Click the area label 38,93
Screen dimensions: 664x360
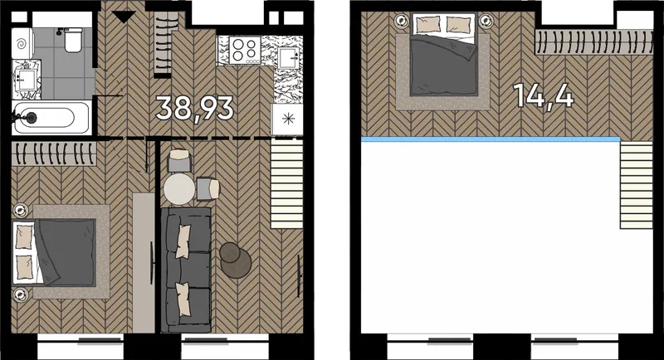click(194, 109)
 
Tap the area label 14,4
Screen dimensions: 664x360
click(544, 95)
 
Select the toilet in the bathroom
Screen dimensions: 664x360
click(73, 40)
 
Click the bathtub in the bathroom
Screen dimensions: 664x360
click(51, 118)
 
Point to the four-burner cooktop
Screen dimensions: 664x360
click(245, 50)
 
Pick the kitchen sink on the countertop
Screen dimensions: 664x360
click(289, 58)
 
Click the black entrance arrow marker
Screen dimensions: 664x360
click(124, 17)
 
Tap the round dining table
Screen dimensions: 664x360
click(179, 189)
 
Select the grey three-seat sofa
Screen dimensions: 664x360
click(186, 270)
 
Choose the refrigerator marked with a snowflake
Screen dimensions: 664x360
click(287, 119)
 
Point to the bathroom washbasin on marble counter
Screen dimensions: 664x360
click(27, 80)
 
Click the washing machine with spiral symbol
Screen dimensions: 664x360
click(23, 44)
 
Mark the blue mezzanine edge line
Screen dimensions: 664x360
click(491, 139)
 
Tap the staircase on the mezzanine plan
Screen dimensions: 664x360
click(637, 185)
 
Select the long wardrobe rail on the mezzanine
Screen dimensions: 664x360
click(593, 42)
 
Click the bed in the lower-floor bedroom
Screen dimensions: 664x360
click(54, 252)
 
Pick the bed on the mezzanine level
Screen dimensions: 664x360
click(444, 54)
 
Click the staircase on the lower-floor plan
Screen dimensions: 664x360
click(286, 184)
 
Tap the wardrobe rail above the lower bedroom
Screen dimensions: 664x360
click(54, 154)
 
